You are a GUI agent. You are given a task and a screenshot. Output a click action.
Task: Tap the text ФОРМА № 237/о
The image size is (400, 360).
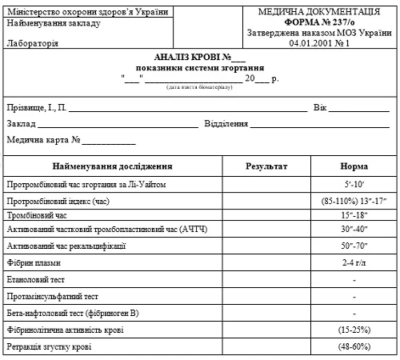316,22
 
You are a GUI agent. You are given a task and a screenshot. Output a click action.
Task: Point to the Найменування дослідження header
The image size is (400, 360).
113,166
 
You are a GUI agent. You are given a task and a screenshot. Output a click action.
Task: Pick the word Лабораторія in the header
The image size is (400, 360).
32,43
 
